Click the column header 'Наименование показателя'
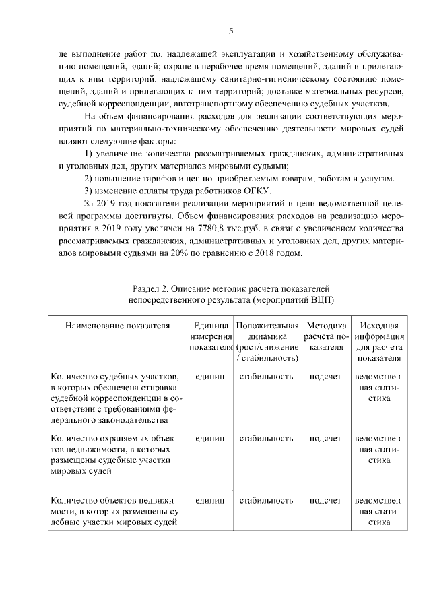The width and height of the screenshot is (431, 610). (x=116, y=326)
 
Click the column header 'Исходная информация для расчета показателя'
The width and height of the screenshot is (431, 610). (x=379, y=341)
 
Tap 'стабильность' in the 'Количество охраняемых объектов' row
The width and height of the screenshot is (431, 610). (x=267, y=439)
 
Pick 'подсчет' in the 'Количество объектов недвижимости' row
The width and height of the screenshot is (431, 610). (x=326, y=501)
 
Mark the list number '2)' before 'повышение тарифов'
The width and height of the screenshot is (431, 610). (x=88, y=178)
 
